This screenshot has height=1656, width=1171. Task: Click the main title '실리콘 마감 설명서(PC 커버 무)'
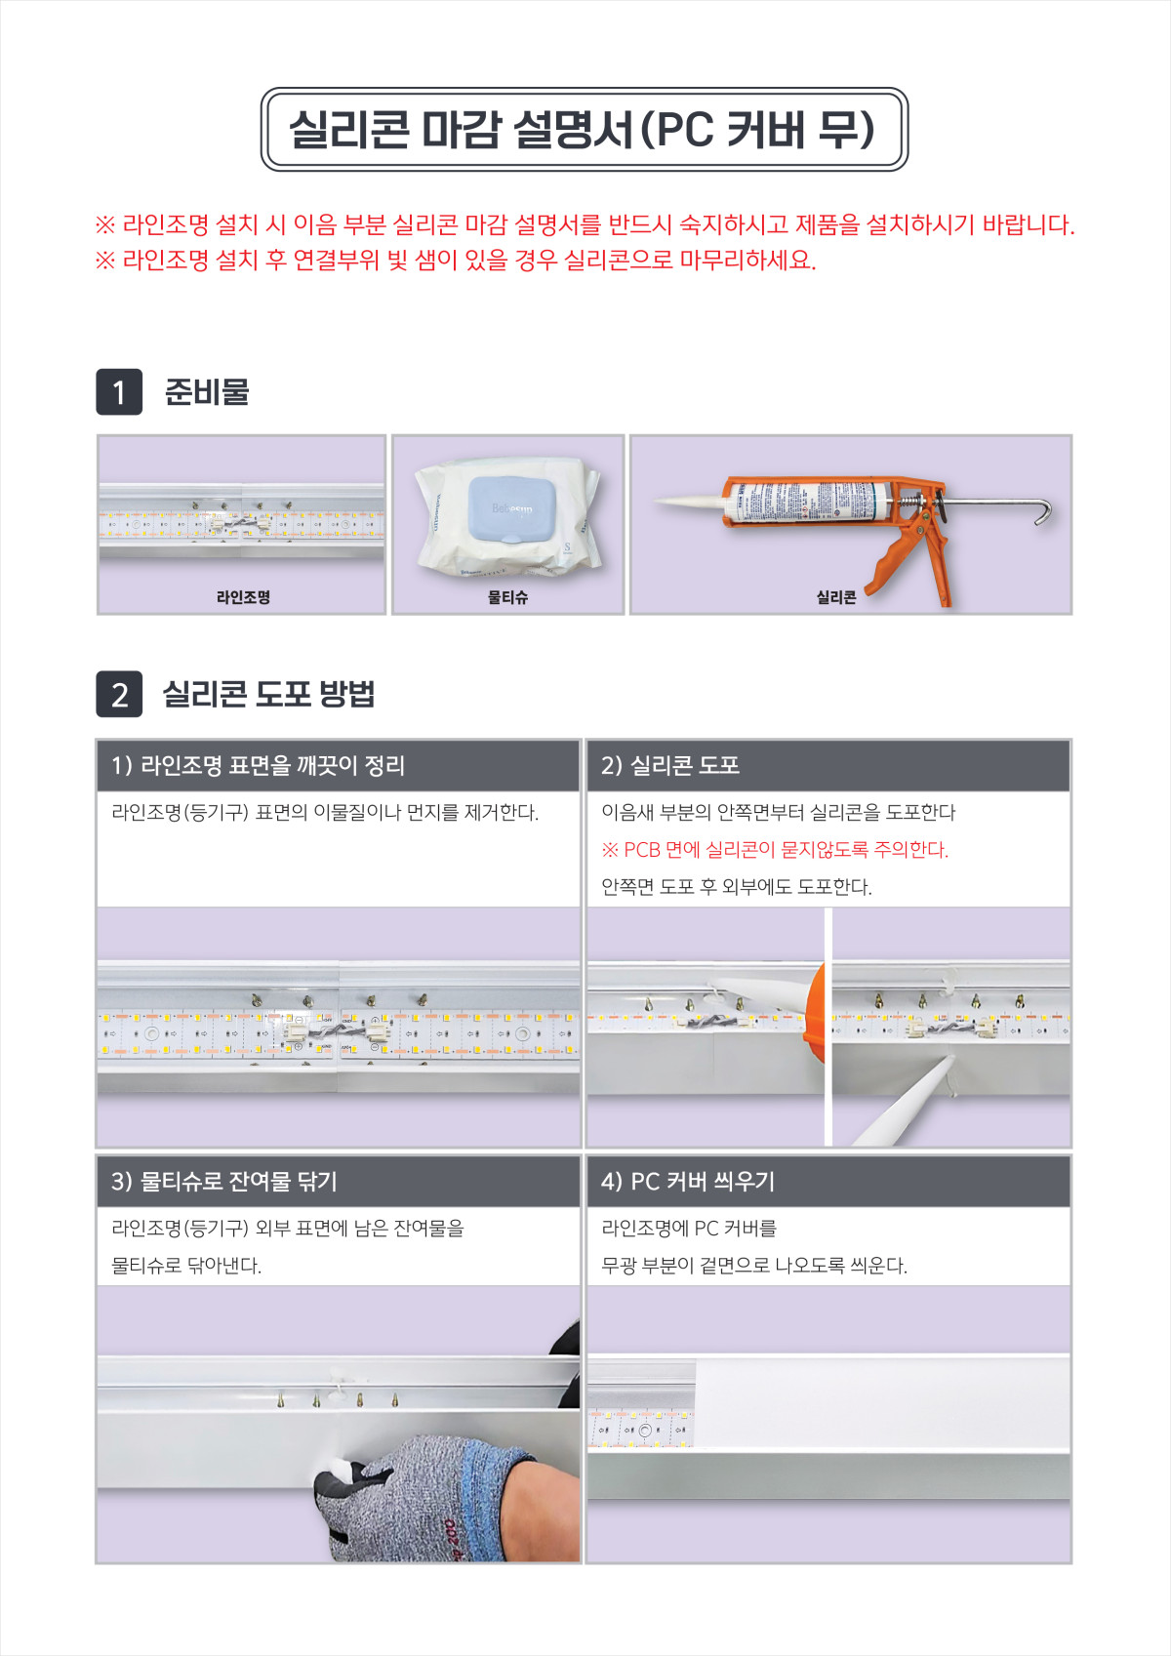(x=582, y=130)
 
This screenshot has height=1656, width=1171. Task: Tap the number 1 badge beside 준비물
(x=119, y=392)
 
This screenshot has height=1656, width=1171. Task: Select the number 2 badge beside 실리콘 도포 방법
(x=119, y=694)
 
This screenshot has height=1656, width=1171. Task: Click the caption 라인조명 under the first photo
(x=243, y=597)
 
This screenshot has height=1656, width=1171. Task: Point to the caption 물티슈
(x=507, y=597)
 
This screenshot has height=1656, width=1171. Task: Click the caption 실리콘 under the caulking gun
(x=836, y=597)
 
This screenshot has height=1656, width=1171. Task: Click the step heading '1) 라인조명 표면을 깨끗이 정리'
(x=258, y=765)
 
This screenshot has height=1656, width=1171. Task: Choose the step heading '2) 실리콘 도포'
(x=669, y=765)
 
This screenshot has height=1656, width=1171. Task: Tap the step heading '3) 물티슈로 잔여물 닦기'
(x=224, y=1182)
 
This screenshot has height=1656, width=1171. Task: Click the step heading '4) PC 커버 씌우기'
(x=688, y=1182)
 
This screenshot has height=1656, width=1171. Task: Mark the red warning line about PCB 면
(x=775, y=849)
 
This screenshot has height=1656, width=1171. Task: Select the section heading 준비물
(x=207, y=392)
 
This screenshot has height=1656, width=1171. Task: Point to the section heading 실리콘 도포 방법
(x=269, y=694)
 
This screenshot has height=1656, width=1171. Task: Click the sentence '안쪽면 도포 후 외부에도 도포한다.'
(x=737, y=886)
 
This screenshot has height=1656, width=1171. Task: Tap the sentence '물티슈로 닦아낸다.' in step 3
(x=186, y=1265)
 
